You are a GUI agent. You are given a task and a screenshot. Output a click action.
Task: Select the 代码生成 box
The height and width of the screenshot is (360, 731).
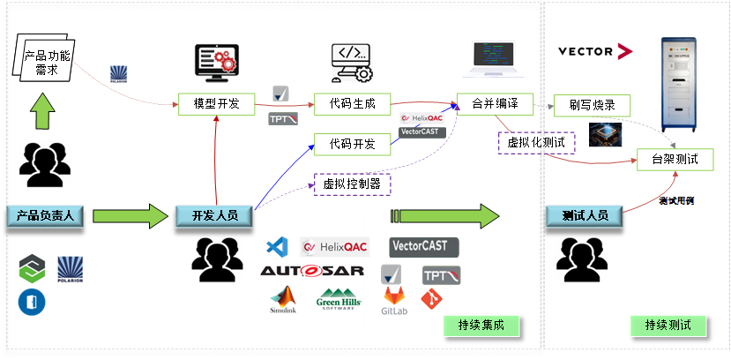(x=352, y=104)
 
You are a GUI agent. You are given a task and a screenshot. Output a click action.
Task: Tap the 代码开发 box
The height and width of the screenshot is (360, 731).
(x=352, y=144)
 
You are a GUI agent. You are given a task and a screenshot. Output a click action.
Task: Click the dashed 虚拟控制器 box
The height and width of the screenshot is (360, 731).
(x=352, y=184)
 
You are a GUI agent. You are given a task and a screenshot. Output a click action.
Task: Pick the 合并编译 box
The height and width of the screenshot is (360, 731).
(x=495, y=104)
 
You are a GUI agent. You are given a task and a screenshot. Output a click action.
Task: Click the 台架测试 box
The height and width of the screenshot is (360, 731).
(x=675, y=160)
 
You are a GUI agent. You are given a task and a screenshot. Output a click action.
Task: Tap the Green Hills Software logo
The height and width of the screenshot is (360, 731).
(x=339, y=300)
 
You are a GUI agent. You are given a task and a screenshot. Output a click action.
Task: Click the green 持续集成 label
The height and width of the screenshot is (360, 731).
(x=481, y=326)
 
